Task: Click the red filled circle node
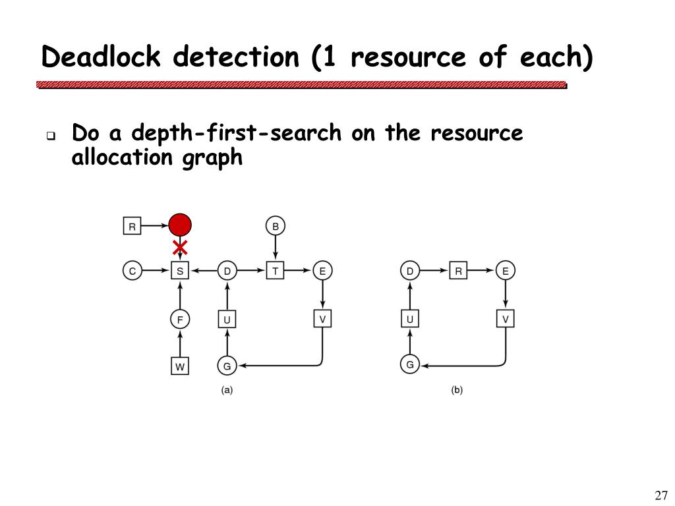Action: [x=180, y=225]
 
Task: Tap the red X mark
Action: [x=180, y=248]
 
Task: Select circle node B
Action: [x=276, y=227]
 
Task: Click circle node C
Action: [x=132, y=270]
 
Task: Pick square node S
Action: [x=180, y=270]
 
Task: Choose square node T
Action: [x=276, y=270]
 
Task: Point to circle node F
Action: [x=180, y=320]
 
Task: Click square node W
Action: [x=180, y=365]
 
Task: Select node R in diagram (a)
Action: [x=132, y=227]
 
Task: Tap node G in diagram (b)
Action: [x=410, y=364]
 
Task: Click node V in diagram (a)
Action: [x=322, y=319]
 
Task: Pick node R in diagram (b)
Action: [x=458, y=270]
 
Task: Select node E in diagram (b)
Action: [x=506, y=270]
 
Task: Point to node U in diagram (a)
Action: [x=227, y=320]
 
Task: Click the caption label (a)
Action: [x=227, y=390]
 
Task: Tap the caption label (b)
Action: [x=457, y=390]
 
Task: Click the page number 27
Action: [x=661, y=495]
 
